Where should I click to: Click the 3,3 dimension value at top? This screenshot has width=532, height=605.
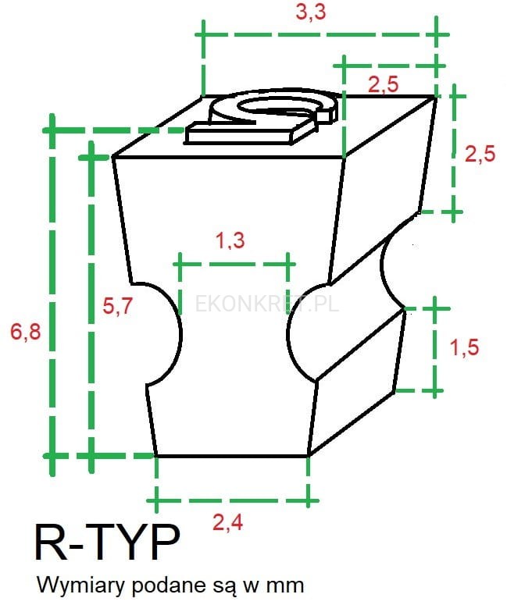tap(311, 12)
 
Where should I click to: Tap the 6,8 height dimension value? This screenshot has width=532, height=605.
tap(26, 332)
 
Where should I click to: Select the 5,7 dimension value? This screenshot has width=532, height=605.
tap(117, 306)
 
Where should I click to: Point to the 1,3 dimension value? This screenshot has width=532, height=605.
tap(230, 240)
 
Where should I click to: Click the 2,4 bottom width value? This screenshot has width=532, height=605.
tap(228, 523)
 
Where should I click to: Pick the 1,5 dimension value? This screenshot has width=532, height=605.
tap(465, 347)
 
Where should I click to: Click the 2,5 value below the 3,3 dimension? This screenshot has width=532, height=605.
tap(383, 84)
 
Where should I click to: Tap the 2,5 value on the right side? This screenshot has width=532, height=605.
tap(480, 154)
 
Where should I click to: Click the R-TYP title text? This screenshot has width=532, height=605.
tap(107, 542)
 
